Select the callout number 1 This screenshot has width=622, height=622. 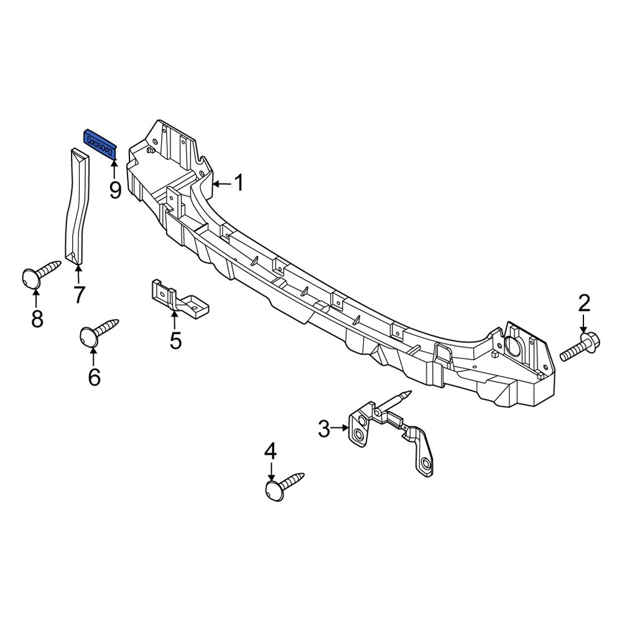click(239, 183)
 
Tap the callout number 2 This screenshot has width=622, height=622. click(583, 304)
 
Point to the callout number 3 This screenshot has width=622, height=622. click(323, 428)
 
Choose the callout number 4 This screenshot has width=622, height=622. click(270, 451)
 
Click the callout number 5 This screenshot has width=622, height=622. click(175, 340)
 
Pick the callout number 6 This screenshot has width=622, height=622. click(94, 377)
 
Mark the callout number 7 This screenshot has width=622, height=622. click(78, 294)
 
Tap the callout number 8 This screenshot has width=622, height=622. click(37, 319)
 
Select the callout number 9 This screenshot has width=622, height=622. click(115, 190)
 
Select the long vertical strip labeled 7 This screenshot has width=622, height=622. click(78, 205)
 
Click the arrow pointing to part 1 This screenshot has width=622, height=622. click(221, 183)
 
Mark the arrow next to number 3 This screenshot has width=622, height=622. click(341, 428)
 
